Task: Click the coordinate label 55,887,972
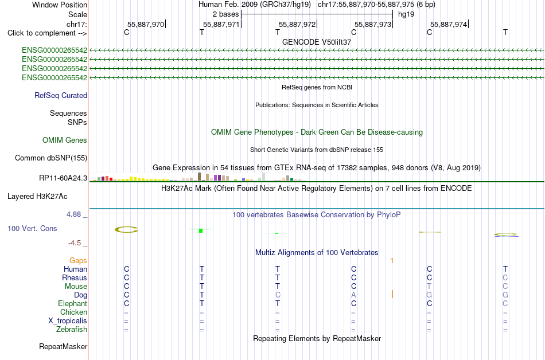(297, 24)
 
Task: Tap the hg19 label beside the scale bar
(406, 14)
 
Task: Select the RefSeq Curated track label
(61, 96)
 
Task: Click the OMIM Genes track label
(65, 140)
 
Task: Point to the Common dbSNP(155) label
(51, 158)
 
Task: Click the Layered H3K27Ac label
(37, 197)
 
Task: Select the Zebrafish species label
(72, 329)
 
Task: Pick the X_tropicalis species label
(68, 321)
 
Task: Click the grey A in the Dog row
(353, 295)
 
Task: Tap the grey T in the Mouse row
(429, 286)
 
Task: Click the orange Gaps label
(78, 260)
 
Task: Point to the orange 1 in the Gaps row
(392, 260)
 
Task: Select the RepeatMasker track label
(63, 346)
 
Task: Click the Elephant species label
(73, 303)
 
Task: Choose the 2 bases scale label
(226, 14)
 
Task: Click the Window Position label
(60, 5)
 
